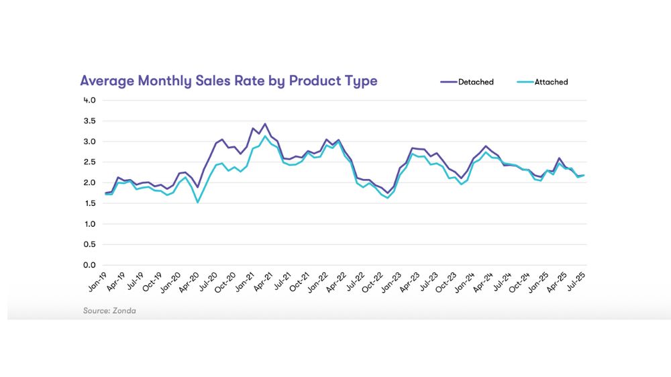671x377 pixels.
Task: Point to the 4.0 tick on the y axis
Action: tap(89, 100)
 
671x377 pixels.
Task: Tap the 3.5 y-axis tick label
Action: tap(89, 121)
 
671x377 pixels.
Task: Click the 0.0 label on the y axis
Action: tap(89, 265)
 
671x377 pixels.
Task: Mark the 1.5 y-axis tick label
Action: tap(89, 203)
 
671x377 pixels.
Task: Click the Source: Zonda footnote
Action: tap(109, 311)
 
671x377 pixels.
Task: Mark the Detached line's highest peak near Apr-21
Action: tap(265, 124)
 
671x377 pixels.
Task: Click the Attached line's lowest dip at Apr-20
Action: tap(197, 202)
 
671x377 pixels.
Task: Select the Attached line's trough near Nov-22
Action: tap(388, 198)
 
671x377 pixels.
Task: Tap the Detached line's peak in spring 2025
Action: tap(559, 158)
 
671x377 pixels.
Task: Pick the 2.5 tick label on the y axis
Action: tap(89, 162)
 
